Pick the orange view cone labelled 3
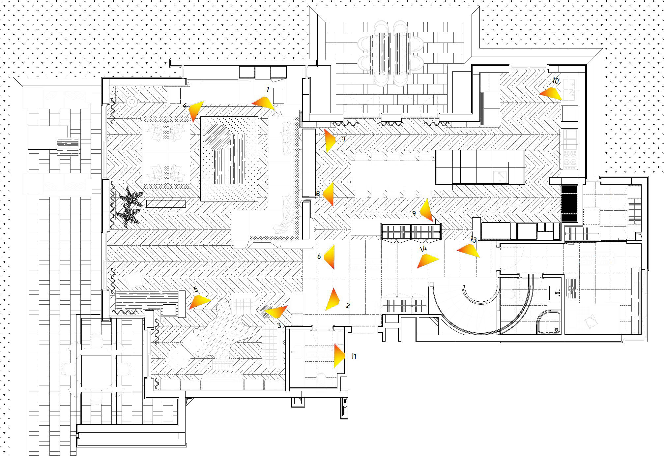276,311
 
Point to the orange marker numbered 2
332,300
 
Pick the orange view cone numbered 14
427,260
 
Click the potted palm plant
131,206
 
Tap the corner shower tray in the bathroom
549,321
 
